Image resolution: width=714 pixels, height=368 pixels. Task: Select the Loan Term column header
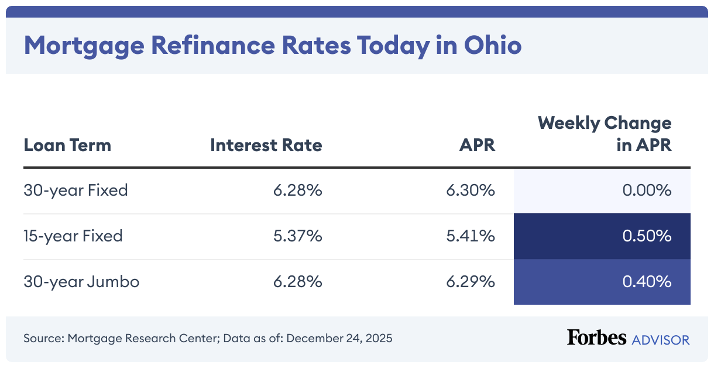[67, 145]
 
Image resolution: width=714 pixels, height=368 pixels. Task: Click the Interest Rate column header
[266, 145]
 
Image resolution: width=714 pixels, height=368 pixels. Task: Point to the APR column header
[477, 145]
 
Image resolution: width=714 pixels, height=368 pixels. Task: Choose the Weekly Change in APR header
[605, 134]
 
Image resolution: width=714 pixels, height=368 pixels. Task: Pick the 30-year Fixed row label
[75, 190]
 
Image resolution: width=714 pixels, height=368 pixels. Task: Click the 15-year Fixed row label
[73, 236]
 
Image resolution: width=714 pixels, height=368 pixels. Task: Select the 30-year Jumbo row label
[81, 282]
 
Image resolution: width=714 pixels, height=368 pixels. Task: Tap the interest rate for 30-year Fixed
[297, 190]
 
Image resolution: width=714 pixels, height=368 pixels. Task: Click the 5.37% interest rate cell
[297, 236]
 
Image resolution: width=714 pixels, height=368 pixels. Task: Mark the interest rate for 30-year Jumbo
[297, 282]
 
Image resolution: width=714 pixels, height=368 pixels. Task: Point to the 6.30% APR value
[471, 190]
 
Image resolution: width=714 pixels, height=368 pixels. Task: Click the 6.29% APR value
[471, 282]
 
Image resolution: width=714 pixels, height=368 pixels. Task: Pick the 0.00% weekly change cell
[646, 190]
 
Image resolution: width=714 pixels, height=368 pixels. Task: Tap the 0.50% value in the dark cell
[647, 236]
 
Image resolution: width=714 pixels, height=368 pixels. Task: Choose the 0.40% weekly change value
[647, 282]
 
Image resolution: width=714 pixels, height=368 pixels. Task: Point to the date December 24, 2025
[339, 338]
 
